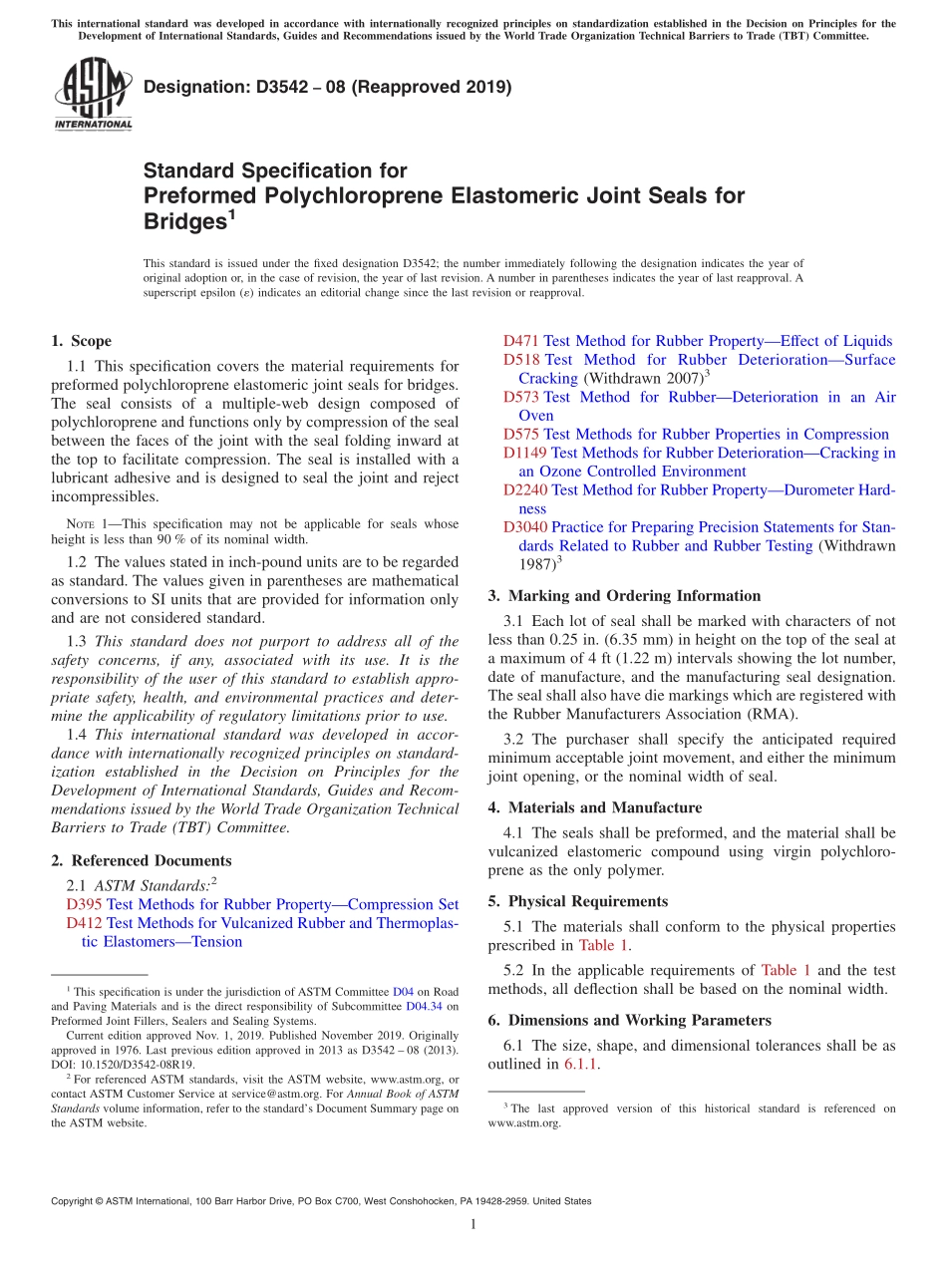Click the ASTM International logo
(x=93, y=94)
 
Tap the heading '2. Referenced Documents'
(x=141, y=860)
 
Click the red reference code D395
(x=84, y=904)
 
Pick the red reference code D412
(x=84, y=923)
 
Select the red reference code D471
(x=520, y=341)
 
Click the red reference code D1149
(x=524, y=453)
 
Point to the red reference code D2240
(x=524, y=489)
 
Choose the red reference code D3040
(x=524, y=527)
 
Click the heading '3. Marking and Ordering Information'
(x=624, y=596)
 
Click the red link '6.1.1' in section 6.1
(x=580, y=1064)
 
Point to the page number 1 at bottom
(x=473, y=1224)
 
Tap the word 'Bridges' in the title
(x=183, y=222)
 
